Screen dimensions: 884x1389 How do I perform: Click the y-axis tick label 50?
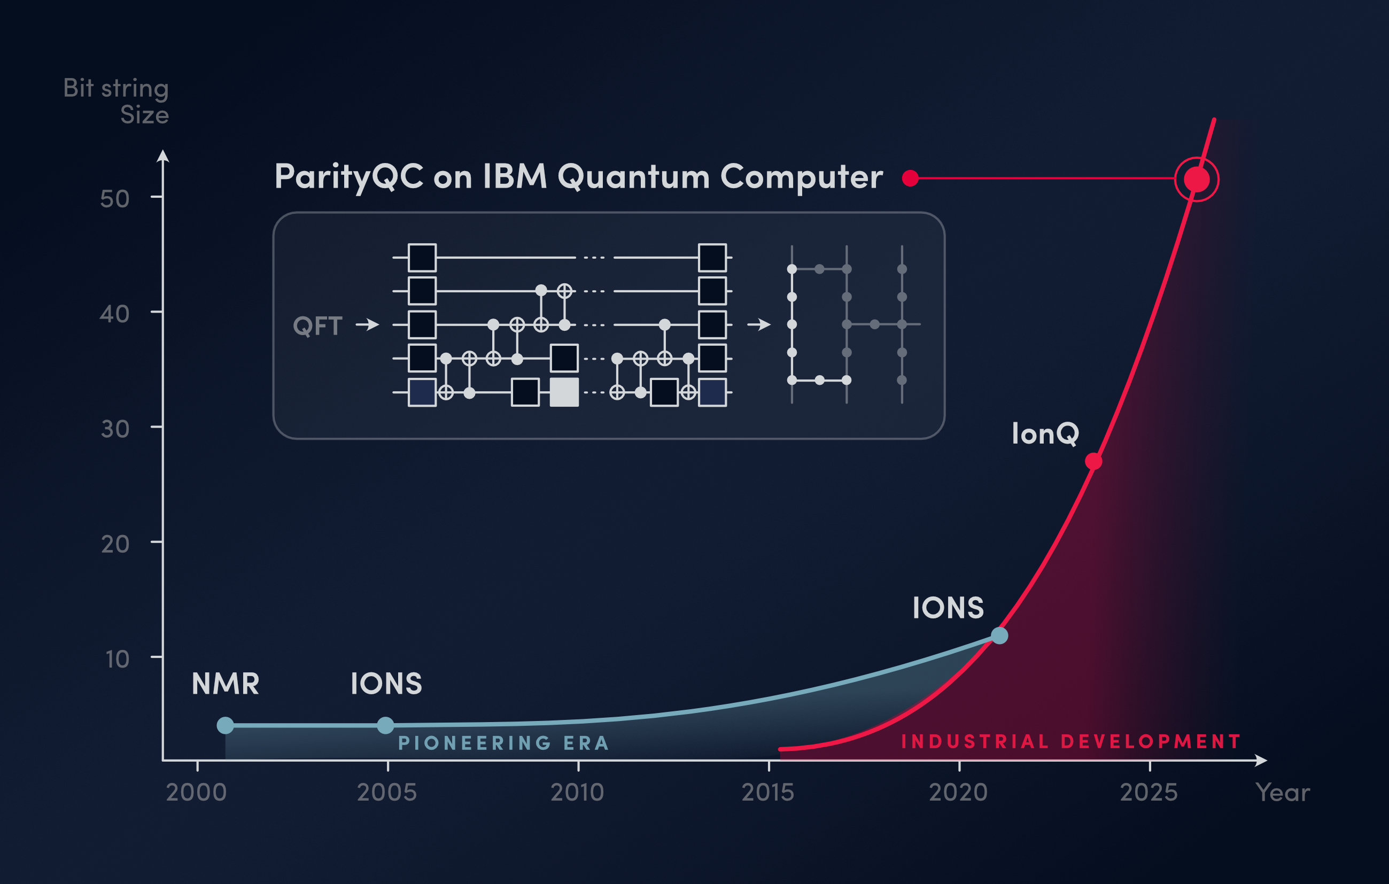pos(115,199)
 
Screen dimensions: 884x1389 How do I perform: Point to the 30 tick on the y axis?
pos(115,429)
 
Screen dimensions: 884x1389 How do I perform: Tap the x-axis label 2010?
pos(577,792)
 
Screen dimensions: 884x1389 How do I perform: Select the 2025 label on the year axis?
pos(1149,792)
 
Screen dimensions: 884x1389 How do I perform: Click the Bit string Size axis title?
pos(116,101)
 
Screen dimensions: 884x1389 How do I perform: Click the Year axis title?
pos(1282,792)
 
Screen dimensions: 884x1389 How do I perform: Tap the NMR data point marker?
pos(226,725)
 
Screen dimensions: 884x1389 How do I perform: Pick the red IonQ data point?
pos(1093,462)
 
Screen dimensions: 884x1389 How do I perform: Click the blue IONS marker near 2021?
pos(999,636)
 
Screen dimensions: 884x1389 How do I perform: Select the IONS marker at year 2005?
pos(385,725)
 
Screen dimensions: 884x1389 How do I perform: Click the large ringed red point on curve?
pos(1197,180)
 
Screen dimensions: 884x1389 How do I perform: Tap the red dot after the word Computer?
pos(910,179)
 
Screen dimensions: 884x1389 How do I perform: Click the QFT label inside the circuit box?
pos(317,326)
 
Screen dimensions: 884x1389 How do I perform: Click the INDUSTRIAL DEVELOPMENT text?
pos(1070,741)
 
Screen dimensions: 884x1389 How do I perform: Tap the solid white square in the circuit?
pos(564,392)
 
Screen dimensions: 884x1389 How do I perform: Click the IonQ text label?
pos(1045,433)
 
